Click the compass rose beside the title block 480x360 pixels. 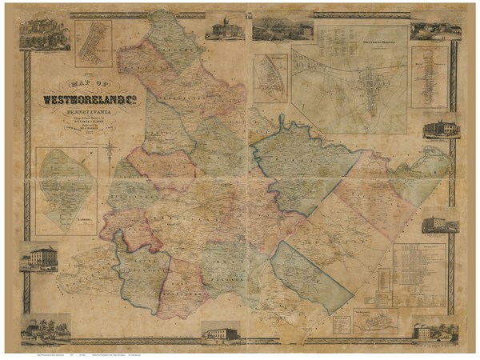[x=110, y=150]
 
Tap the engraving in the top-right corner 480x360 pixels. [x=436, y=30]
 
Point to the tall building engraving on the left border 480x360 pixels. [x=44, y=258]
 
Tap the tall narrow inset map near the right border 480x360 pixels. [x=430, y=77]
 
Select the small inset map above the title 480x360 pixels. [x=94, y=44]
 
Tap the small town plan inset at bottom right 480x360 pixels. [x=374, y=320]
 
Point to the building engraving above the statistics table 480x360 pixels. [x=440, y=223]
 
